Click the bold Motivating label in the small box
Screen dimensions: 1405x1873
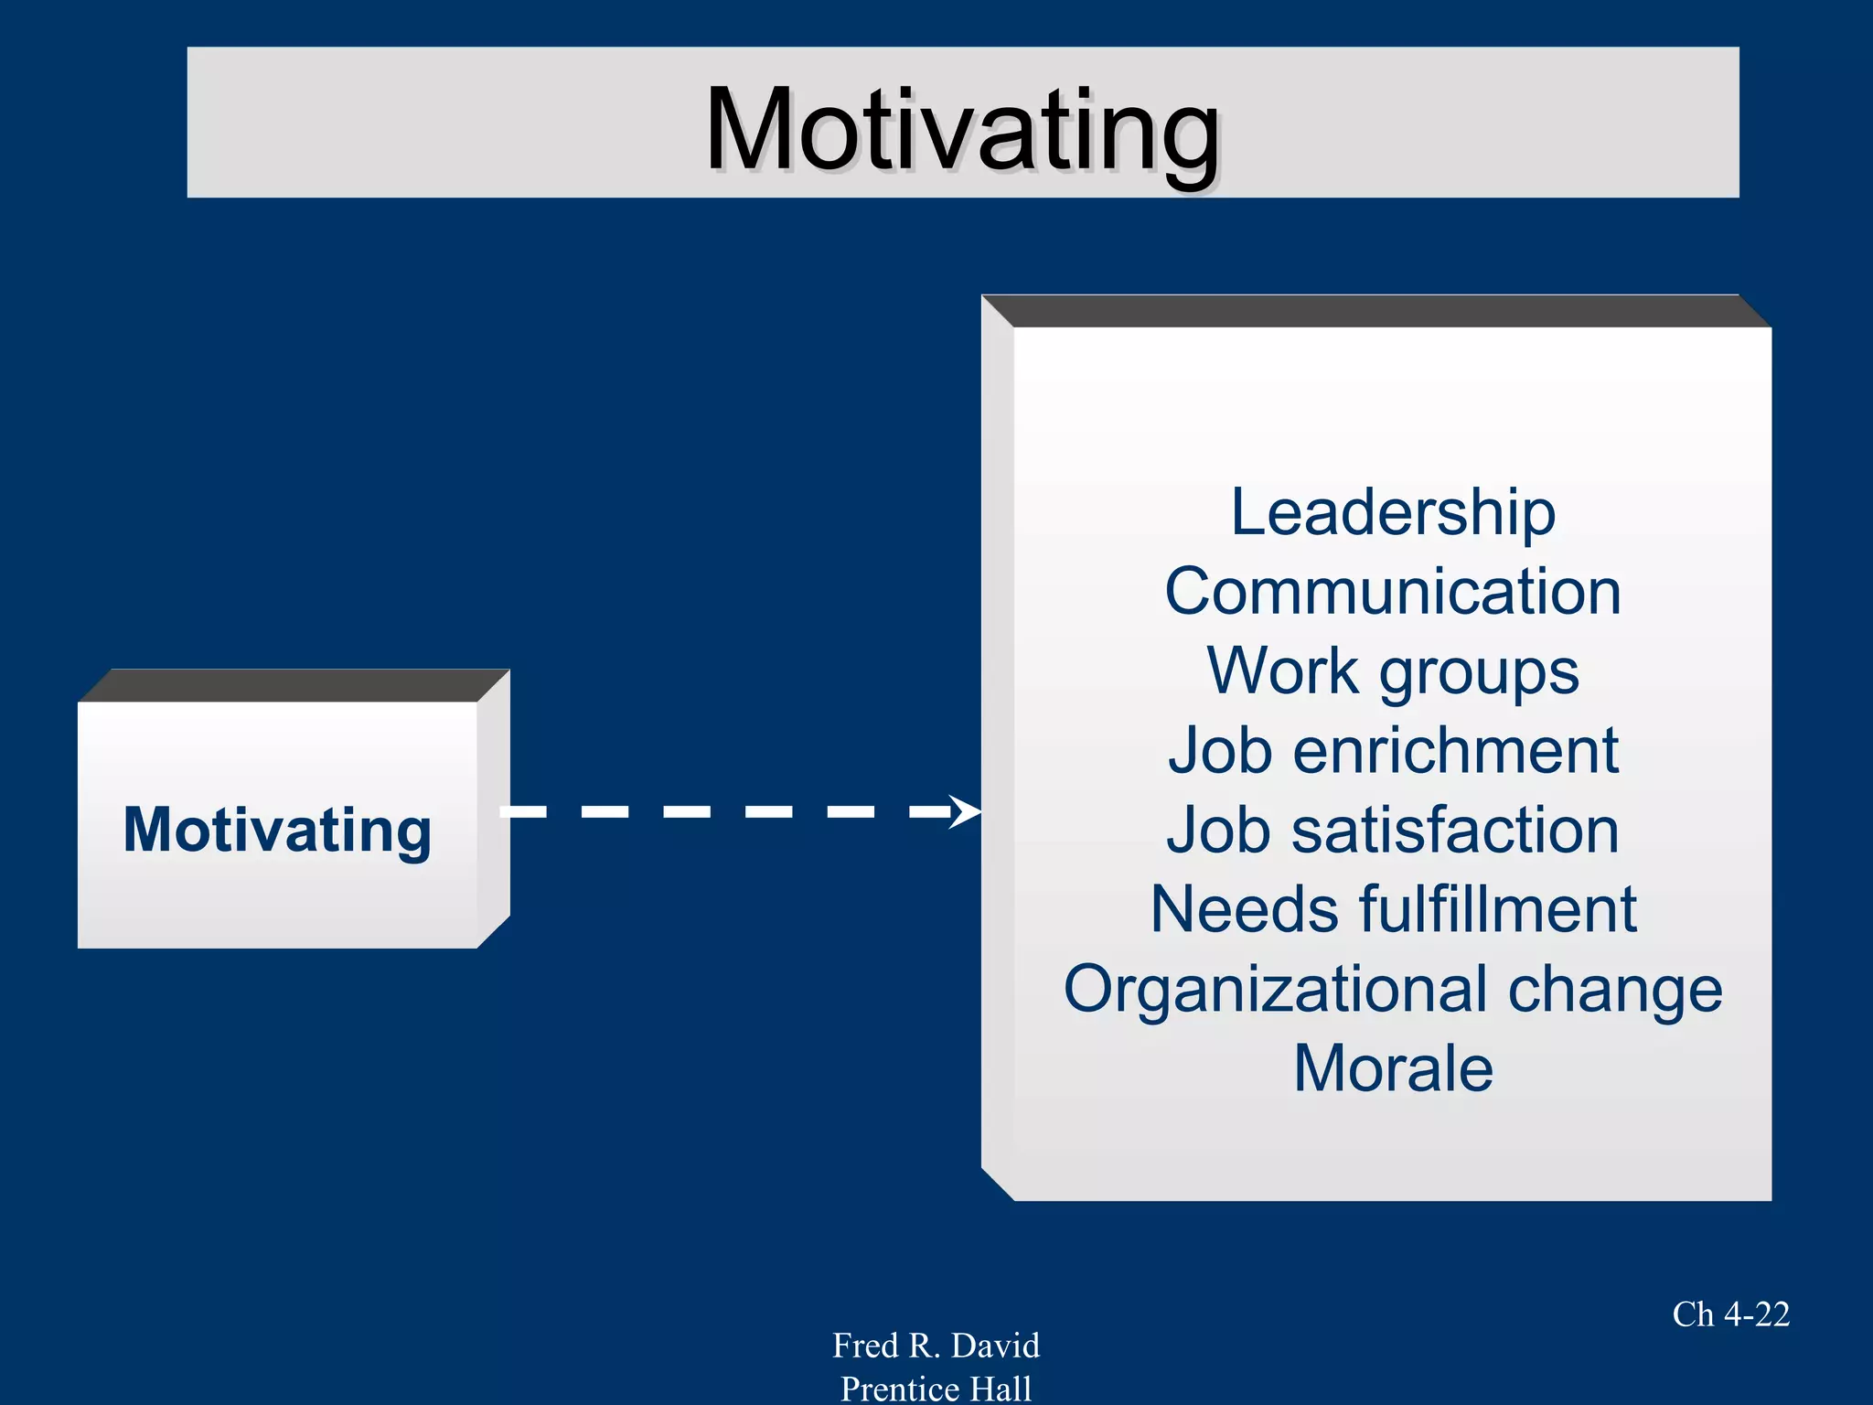click(277, 831)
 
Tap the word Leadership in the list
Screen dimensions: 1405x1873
click(1392, 512)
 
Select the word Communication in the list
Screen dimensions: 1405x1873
click(1392, 592)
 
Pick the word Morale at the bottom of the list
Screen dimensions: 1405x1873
click(1393, 1068)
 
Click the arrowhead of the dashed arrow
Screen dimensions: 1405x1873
click(965, 811)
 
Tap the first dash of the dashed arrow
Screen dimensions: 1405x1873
click(524, 811)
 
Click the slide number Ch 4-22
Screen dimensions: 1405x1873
click(1730, 1314)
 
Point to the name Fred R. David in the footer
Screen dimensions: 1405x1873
click(936, 1346)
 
